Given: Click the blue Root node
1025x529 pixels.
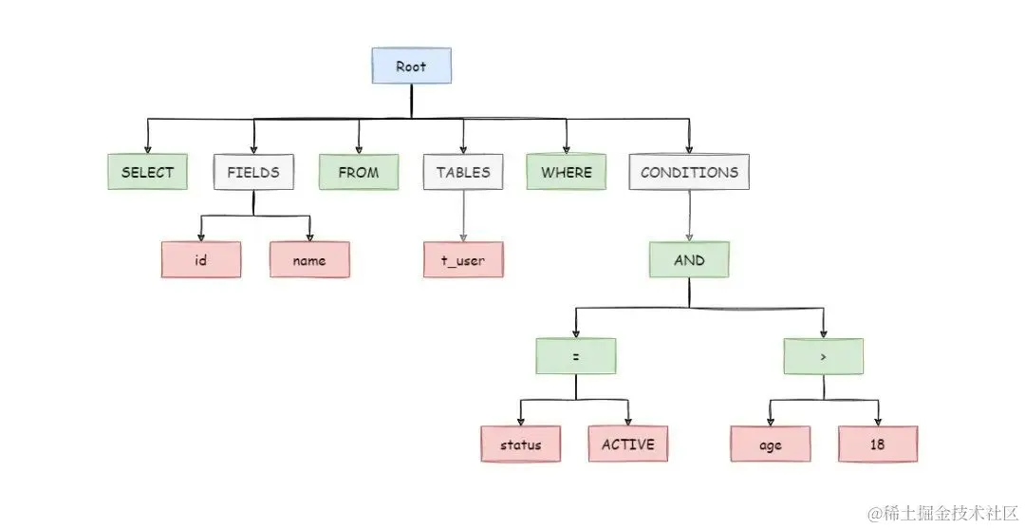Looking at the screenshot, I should [x=411, y=66].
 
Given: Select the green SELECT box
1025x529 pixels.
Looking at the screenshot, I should [x=147, y=173].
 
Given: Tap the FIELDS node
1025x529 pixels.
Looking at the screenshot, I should [x=252, y=173].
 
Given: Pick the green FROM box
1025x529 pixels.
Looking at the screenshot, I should [x=358, y=173].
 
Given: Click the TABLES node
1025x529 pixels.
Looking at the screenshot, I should [x=463, y=173].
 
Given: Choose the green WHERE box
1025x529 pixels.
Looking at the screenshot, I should [x=566, y=173].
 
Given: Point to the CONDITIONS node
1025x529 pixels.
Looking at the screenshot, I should [x=689, y=173].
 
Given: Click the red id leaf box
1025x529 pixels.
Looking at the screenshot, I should [x=200, y=260].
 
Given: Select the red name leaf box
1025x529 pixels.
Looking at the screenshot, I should [x=309, y=260].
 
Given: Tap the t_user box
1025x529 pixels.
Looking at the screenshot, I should [x=464, y=260].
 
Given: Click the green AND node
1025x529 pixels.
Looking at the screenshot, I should [x=689, y=259].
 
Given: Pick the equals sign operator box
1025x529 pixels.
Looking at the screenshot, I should [x=575, y=356].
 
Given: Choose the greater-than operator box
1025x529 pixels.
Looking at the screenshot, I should [x=823, y=356].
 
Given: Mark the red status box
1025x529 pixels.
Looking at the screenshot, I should [x=520, y=444].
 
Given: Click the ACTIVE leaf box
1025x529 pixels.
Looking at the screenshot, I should [x=628, y=444].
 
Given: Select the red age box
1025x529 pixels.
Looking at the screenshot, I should [x=770, y=444].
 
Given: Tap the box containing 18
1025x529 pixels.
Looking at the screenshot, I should [x=878, y=444].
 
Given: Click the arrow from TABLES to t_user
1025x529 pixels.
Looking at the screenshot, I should [x=464, y=217].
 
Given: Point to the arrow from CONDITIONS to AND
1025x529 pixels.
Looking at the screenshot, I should [x=689, y=216].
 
